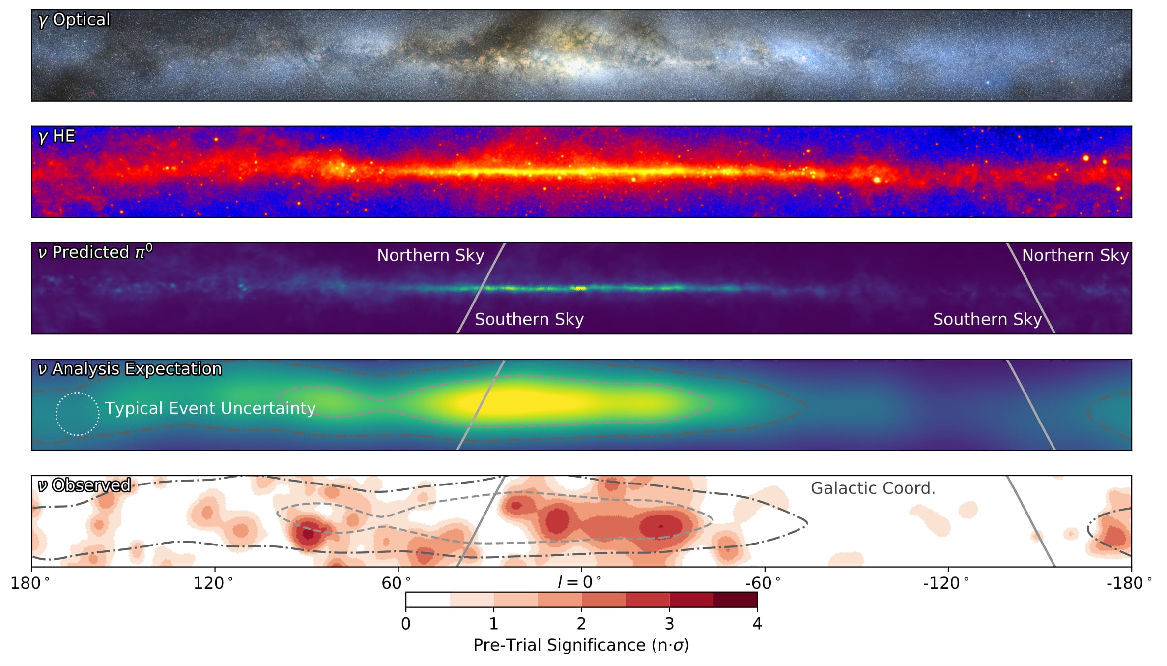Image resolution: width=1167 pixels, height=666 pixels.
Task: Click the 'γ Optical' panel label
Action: click(74, 20)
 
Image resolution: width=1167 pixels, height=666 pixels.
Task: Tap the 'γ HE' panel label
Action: click(57, 136)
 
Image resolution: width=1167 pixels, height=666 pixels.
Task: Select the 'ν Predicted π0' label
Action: click(95, 252)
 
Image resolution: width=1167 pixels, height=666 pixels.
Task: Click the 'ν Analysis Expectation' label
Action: click(130, 369)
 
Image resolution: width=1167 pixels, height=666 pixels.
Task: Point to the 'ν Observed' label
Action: click(85, 485)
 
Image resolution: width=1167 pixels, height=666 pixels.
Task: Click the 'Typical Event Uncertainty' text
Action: click(210, 408)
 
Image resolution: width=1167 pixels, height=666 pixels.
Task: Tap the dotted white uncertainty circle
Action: click(77, 414)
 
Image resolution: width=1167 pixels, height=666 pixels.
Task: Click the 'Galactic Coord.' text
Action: click(873, 488)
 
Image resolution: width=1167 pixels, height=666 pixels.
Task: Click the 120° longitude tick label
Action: click(213, 583)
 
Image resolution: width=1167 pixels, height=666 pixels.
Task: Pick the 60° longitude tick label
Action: click(396, 583)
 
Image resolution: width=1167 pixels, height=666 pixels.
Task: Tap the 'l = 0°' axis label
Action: click(579, 582)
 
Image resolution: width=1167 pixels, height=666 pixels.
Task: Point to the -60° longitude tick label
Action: click(762, 583)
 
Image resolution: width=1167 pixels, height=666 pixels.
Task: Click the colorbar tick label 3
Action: click(669, 624)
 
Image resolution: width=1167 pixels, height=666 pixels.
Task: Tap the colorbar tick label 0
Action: click(406, 624)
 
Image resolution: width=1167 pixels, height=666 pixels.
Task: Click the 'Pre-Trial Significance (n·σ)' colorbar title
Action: click(581, 645)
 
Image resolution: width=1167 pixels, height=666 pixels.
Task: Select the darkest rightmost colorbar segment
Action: click(735, 600)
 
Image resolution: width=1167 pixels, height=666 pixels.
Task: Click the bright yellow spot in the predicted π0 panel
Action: click(580, 288)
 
